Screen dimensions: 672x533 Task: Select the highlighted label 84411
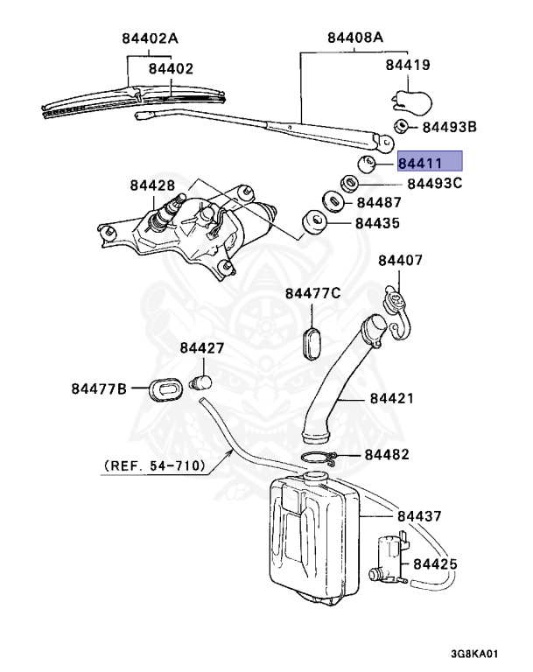(x=429, y=162)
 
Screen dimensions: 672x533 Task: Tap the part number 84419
(x=407, y=64)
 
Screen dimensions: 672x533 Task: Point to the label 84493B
(x=449, y=127)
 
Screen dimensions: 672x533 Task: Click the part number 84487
(x=377, y=203)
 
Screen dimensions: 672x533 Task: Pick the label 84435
(x=377, y=223)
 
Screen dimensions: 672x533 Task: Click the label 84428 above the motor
(x=153, y=185)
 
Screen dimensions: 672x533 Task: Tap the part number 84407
(x=400, y=260)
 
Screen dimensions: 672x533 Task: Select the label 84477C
(x=312, y=292)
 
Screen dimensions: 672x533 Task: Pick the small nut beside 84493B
(x=398, y=126)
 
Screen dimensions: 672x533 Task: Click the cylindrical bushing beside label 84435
(x=312, y=224)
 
